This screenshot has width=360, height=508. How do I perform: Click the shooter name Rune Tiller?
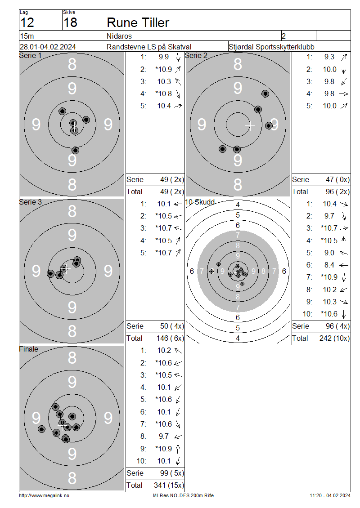[x=138, y=22]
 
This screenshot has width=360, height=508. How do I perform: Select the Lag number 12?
[x=27, y=22]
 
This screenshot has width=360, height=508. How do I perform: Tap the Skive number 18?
[x=70, y=22]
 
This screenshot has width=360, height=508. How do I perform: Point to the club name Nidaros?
[x=119, y=36]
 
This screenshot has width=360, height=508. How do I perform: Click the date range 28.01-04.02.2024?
[x=48, y=47]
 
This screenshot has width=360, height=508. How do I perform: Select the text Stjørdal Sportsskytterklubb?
[x=271, y=47]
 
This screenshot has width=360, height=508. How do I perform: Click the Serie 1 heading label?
[x=31, y=55]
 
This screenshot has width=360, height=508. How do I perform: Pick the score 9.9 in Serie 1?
[x=164, y=57]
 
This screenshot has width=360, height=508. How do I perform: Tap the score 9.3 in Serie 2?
[x=329, y=57]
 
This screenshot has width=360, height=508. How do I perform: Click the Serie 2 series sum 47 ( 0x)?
[x=337, y=179]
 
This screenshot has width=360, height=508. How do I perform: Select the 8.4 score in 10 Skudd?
[x=329, y=265]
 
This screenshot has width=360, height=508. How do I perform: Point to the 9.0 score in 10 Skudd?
[x=329, y=253]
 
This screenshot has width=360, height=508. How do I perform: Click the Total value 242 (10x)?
[x=334, y=338]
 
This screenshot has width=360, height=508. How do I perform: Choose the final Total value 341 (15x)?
[x=169, y=485]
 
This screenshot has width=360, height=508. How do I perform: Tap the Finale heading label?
[x=28, y=349]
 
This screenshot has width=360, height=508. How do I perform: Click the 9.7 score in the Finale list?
[x=164, y=437]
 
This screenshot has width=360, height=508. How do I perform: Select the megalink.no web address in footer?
[x=44, y=495]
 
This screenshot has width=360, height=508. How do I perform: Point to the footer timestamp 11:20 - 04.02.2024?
[x=330, y=495]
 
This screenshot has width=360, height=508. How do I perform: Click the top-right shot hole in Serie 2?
[x=265, y=94]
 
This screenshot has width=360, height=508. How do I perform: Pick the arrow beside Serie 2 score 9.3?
[x=344, y=57]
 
